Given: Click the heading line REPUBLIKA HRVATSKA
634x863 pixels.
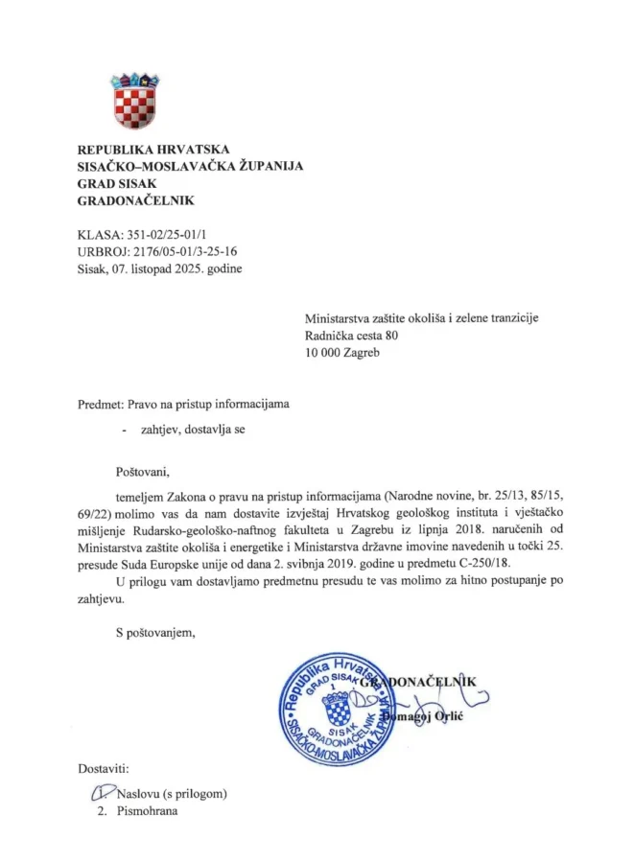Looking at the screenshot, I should pyautogui.click(x=153, y=149).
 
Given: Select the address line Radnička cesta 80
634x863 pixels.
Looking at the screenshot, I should pyautogui.click(x=351, y=336).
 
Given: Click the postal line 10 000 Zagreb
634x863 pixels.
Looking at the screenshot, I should pyautogui.click(x=342, y=353).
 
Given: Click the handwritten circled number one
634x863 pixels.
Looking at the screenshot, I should pyautogui.click(x=98, y=793).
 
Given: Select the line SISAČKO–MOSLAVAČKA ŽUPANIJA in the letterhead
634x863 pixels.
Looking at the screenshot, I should pyautogui.click(x=190, y=166).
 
